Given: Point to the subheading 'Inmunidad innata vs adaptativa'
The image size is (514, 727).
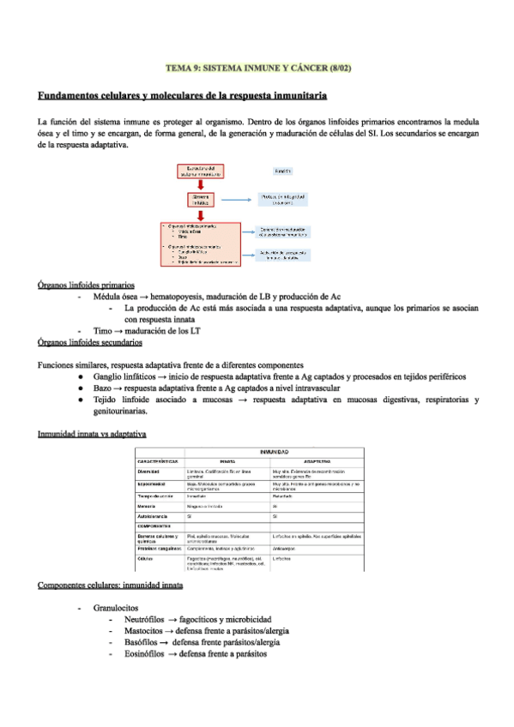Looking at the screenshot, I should click(x=93, y=435).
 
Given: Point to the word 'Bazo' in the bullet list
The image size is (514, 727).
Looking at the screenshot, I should click(x=102, y=388).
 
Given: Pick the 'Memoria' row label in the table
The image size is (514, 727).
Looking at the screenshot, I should click(x=150, y=507).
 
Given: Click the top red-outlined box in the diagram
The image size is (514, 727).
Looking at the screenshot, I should click(x=200, y=171).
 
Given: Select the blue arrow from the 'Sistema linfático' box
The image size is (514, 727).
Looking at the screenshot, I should click(x=238, y=200).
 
